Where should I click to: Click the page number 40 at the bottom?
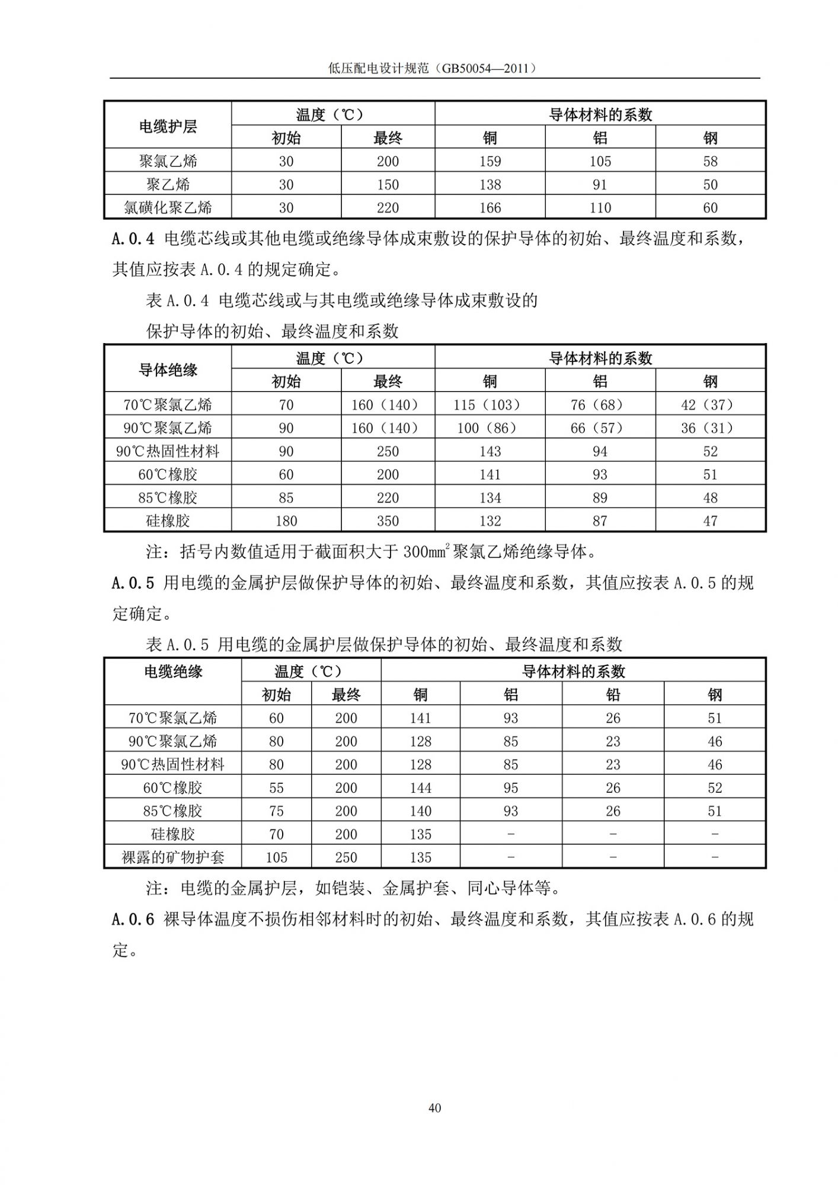point(434,1108)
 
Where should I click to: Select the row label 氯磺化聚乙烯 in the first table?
point(168,207)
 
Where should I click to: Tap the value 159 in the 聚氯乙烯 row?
point(490,161)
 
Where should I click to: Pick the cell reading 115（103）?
point(490,405)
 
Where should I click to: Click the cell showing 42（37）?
point(710,405)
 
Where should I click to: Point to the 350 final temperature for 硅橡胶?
point(388,521)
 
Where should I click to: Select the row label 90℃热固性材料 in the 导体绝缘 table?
point(168,451)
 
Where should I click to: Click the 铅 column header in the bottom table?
point(613,694)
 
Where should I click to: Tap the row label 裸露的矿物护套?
point(173,857)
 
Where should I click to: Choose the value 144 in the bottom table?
point(420,788)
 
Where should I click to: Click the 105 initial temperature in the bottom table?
point(276,857)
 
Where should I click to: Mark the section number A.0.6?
point(133,920)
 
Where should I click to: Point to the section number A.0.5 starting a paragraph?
point(133,583)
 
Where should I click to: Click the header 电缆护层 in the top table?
point(168,126)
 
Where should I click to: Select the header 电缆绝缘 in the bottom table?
point(173,671)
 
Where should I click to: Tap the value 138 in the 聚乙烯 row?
point(490,184)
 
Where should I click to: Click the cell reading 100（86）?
point(490,428)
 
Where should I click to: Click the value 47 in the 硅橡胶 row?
point(710,521)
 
